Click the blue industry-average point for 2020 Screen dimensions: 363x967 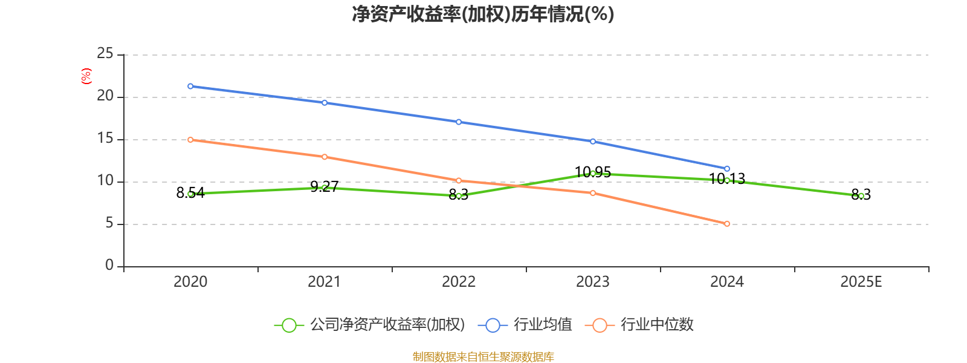[190, 86]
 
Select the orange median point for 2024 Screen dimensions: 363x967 [727, 224]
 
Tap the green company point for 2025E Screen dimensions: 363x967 [861, 196]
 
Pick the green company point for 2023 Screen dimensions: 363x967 [593, 174]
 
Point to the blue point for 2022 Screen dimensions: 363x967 [459, 122]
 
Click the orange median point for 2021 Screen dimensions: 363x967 [325, 157]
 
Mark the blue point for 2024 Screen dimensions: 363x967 [727, 169]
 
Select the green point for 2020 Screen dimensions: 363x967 [190, 194]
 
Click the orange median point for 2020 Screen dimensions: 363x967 [190, 140]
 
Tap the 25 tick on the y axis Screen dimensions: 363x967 [105, 54]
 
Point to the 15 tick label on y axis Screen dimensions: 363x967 [105, 139]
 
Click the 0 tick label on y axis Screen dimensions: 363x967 [109, 266]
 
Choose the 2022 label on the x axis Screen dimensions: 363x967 [459, 282]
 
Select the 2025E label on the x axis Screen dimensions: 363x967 [861, 282]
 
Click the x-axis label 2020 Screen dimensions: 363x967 [190, 282]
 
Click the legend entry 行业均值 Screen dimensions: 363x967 [542, 325]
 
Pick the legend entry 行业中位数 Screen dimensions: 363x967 [657, 325]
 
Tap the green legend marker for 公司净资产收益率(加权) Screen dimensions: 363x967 [289, 325]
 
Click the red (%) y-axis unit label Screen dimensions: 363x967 [86, 76]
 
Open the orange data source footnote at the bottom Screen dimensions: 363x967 [483, 357]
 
